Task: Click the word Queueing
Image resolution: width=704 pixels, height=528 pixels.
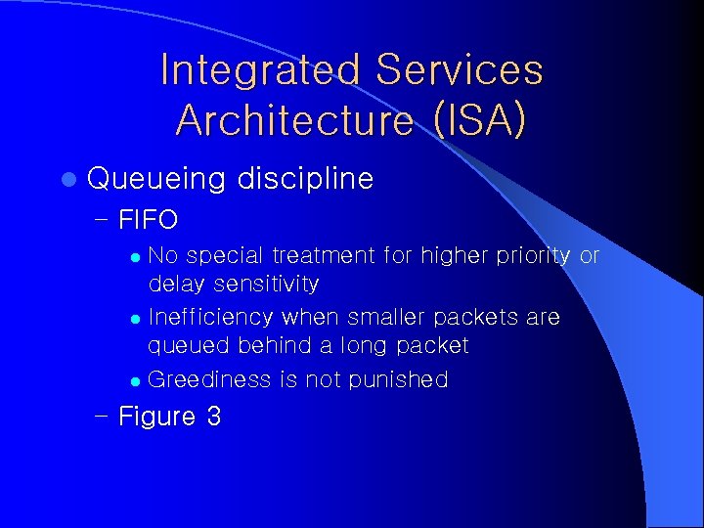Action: click(156, 179)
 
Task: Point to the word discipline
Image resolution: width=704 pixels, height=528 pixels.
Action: click(306, 179)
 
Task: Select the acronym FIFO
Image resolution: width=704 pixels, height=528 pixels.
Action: click(148, 220)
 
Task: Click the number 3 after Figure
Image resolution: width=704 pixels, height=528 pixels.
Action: click(213, 417)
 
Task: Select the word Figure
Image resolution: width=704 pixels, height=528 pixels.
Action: click(156, 418)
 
